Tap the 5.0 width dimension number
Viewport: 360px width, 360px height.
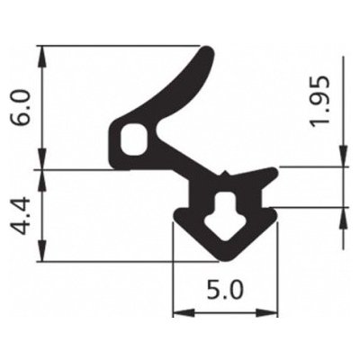(x=224, y=291)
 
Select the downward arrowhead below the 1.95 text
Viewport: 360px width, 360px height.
(x=342, y=159)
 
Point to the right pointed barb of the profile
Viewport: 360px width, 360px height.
(x=272, y=170)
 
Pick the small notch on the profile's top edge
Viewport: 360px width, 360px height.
(x=224, y=169)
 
